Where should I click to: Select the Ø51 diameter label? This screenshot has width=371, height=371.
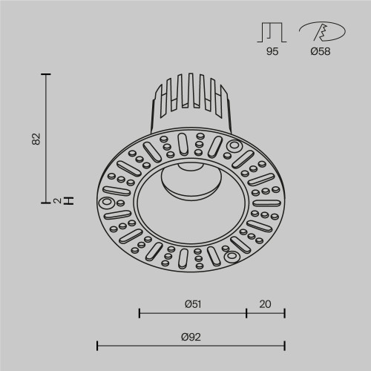click(x=192, y=303)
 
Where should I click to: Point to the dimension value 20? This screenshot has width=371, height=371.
click(x=266, y=303)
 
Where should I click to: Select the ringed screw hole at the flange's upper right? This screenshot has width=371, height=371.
click(x=234, y=145)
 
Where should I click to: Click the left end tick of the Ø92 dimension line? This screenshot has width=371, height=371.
click(x=98, y=345)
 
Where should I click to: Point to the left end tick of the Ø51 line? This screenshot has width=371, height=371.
click(x=140, y=312)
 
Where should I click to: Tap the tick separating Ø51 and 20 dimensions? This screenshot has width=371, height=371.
click(x=246, y=312)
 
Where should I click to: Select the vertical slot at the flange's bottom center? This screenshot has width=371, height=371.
click(x=183, y=258)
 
